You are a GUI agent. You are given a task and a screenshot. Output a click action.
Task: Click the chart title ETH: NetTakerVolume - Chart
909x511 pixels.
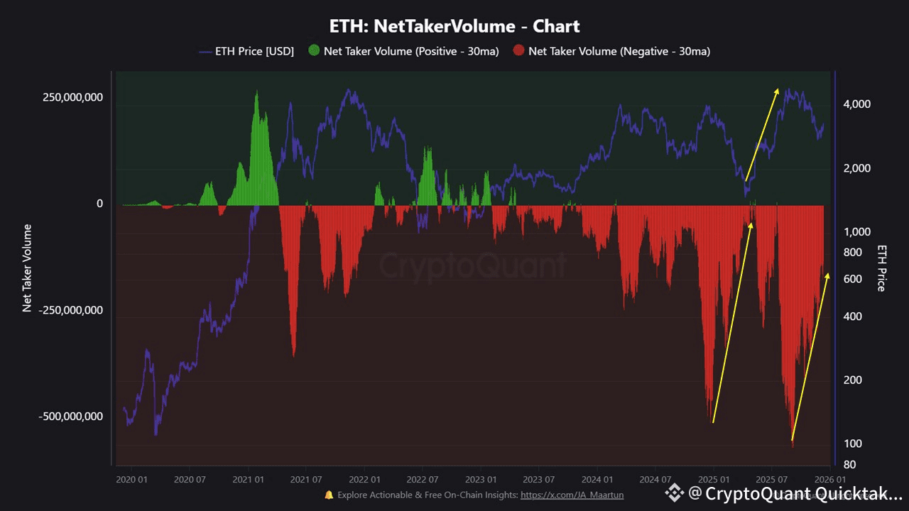click(x=454, y=27)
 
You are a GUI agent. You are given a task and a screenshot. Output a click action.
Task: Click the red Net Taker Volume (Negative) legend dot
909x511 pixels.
click(x=518, y=51)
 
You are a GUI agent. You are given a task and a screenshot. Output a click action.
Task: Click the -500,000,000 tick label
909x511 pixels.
click(x=70, y=417)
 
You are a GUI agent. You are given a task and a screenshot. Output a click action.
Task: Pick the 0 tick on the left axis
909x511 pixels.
click(x=99, y=204)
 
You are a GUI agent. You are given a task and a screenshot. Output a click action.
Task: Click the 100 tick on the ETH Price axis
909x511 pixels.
click(x=852, y=444)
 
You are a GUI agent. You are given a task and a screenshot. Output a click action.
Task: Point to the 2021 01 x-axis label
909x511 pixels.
click(x=248, y=480)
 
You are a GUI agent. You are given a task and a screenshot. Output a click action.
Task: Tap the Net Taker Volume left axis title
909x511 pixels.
click(x=28, y=268)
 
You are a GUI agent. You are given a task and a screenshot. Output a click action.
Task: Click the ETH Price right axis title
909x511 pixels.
click(x=882, y=268)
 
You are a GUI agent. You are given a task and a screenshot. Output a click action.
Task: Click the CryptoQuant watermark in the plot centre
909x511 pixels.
click(x=472, y=265)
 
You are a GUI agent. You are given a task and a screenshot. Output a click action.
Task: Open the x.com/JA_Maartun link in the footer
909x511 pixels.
click(x=572, y=495)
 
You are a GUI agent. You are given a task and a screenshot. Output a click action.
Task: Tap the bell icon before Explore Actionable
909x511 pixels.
click(x=329, y=495)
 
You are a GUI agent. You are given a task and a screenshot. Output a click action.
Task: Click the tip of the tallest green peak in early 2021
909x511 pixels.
click(x=256, y=92)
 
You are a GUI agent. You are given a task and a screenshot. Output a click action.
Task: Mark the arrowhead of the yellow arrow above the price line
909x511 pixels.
click(x=778, y=90)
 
